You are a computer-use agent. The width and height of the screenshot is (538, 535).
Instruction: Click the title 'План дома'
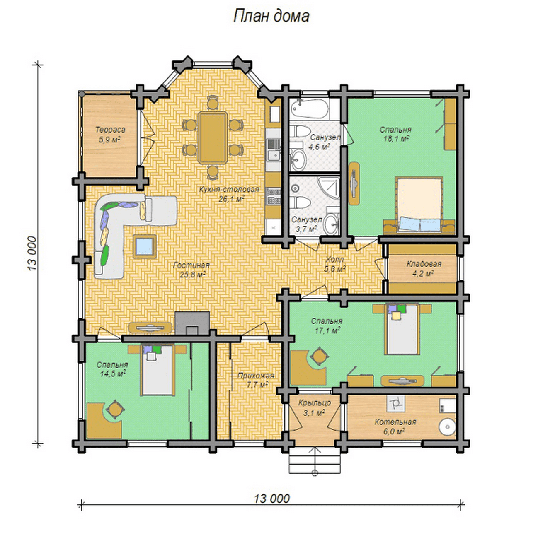pyautogui.click(x=271, y=16)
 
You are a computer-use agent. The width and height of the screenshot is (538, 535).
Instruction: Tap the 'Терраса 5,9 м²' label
pyautogui.click(x=110, y=135)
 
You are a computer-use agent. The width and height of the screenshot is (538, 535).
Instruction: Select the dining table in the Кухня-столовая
pyautogui.click(x=212, y=137)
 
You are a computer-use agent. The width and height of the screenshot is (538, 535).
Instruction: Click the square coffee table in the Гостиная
pyautogui.click(x=145, y=246)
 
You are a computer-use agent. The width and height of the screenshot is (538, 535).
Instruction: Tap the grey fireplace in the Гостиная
pyautogui.click(x=192, y=323)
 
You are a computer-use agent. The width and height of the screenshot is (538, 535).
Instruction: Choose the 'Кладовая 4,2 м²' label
pyautogui.click(x=424, y=268)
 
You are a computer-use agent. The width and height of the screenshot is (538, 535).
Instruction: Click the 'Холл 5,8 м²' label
pyautogui.click(x=335, y=264)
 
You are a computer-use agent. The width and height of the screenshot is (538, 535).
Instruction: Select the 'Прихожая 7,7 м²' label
pyautogui.click(x=255, y=380)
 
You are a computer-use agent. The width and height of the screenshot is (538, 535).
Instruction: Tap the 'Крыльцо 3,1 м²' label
pyautogui.click(x=315, y=407)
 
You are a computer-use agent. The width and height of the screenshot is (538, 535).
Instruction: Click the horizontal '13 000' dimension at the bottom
pyautogui.click(x=271, y=498)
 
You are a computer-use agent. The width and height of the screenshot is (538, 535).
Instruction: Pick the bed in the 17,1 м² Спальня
pyautogui.click(x=402, y=329)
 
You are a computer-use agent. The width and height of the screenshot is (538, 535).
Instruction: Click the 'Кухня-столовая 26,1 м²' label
pyautogui.click(x=229, y=194)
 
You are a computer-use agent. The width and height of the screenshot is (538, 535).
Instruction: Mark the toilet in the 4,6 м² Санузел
pyautogui.click(x=299, y=131)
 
